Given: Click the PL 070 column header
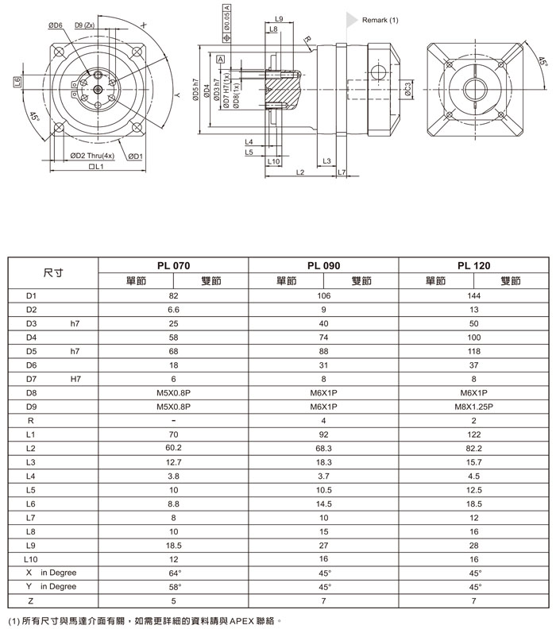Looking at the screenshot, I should [174, 265].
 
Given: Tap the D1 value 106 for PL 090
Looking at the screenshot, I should [323, 295].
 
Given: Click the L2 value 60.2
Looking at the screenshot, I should [174, 449].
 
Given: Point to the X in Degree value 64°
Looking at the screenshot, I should [174, 573].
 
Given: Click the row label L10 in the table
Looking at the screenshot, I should [32, 559].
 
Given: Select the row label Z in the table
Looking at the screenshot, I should [29, 601].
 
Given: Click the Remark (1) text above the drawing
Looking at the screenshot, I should [380, 20].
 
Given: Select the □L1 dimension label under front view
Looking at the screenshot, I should [98, 167].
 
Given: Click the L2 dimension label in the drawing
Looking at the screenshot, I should [300, 172].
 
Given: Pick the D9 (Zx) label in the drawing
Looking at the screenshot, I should [85, 25].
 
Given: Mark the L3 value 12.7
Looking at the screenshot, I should [174, 462].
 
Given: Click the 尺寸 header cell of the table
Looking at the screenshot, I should [53, 272].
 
